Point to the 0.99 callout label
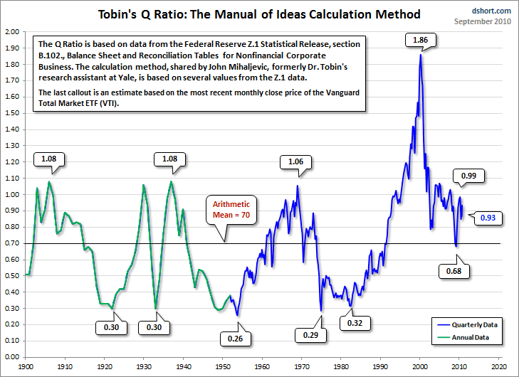(x=468, y=175)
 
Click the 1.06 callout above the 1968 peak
(x=296, y=161)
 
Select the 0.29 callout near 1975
(x=310, y=334)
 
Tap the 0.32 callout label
(x=356, y=322)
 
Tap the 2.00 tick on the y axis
(x=12, y=32)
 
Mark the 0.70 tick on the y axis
(x=12, y=243)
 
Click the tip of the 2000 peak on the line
(x=420, y=55)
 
